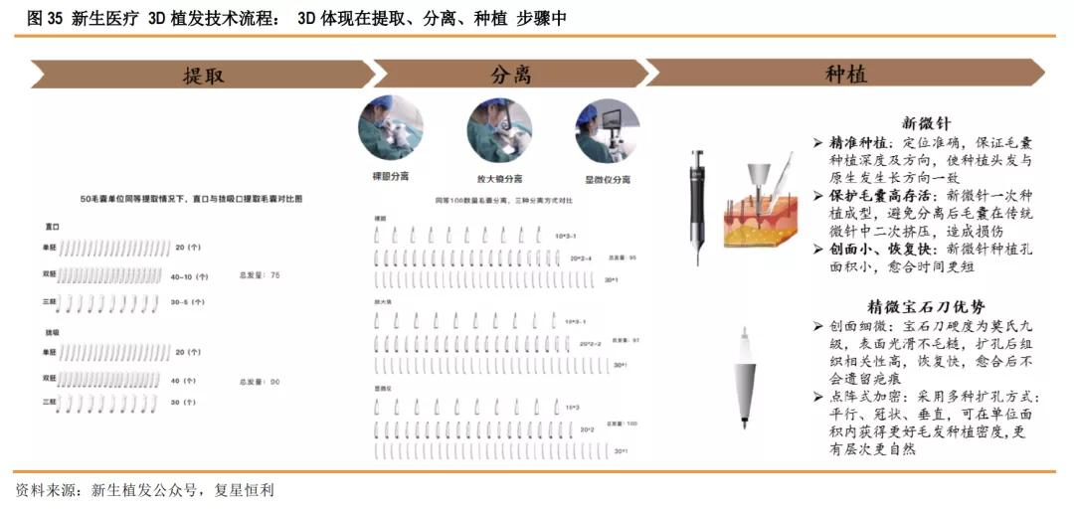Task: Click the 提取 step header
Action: [203, 75]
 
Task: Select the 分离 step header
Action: [510, 75]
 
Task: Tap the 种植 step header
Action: [845, 75]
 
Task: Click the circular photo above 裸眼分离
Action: [390, 129]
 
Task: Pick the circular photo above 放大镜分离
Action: [499, 129]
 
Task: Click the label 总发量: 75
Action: [260, 274]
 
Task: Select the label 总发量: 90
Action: [260, 381]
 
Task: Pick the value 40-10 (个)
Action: [189, 275]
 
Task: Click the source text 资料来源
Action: [46, 490]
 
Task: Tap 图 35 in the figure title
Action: [40, 18]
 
